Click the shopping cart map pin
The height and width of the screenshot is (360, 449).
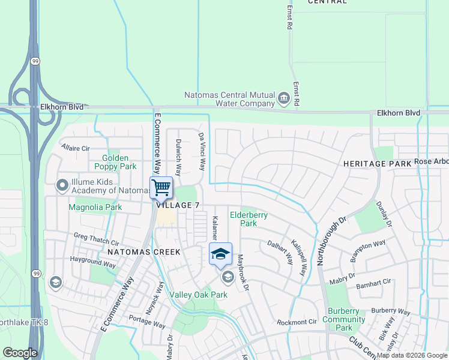point(161,187)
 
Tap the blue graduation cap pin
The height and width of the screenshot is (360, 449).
point(220,253)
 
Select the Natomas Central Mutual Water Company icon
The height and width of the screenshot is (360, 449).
point(283,96)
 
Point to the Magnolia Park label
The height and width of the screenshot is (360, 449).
point(95,208)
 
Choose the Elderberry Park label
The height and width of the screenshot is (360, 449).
point(249,219)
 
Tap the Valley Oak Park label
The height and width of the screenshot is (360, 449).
point(198,295)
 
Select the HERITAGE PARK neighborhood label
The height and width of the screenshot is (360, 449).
point(378,163)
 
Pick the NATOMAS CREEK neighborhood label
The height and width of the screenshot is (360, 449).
point(143,252)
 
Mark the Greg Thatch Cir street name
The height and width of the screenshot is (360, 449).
point(96,239)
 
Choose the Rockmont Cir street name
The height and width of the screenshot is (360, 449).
point(297,322)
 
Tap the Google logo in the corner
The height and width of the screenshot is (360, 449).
point(20,353)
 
